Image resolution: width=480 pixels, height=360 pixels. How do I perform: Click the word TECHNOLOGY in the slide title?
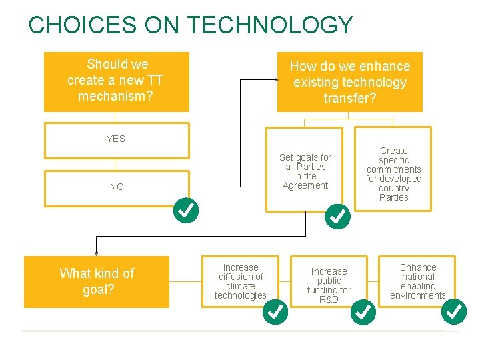point(270,25)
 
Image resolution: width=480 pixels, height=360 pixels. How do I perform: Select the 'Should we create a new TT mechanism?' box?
point(116,81)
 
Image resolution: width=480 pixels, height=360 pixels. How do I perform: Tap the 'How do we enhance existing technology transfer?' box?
point(349,82)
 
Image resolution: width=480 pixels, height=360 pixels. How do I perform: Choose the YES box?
point(116,139)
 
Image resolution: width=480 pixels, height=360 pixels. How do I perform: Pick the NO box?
point(116,187)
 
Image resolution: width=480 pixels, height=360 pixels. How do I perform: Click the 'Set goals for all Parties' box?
point(305,171)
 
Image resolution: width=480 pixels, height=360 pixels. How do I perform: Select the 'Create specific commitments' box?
point(393,174)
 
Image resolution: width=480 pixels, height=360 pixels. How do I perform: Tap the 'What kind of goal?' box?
point(97,281)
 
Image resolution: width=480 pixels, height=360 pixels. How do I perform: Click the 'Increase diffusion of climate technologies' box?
point(240,281)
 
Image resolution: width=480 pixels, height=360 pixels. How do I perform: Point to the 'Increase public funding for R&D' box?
point(329,285)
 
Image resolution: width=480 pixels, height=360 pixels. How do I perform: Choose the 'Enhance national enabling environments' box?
point(417,281)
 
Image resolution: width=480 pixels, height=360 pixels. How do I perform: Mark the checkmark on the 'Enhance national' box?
point(454,311)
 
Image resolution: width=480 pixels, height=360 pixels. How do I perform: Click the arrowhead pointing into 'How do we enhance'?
point(275,79)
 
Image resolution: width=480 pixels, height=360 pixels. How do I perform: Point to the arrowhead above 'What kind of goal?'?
point(96,253)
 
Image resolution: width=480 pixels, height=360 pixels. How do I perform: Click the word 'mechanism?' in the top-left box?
point(115,96)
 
